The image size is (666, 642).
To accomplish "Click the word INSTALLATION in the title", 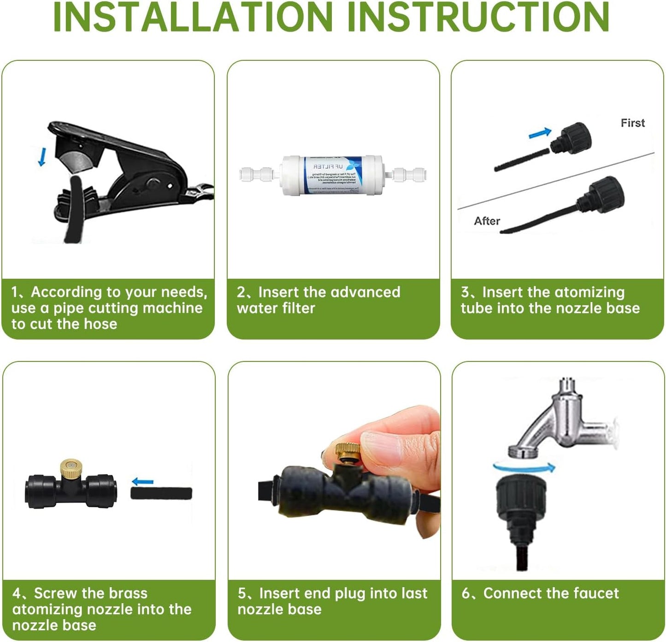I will click(x=193, y=17).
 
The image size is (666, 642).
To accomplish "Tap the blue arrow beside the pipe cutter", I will click(x=42, y=157).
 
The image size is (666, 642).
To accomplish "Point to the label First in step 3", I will click(x=632, y=123).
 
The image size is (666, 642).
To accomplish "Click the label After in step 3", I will click(x=487, y=221).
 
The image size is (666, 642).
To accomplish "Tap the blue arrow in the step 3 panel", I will click(x=540, y=133).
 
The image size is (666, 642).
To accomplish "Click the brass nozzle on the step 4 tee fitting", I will click(x=71, y=468).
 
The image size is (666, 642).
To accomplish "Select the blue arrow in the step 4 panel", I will click(x=142, y=482).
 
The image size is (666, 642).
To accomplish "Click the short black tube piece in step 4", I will click(x=161, y=493).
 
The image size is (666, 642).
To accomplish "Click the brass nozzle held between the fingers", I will click(x=348, y=454).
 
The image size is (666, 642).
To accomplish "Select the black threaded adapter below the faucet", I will click(x=521, y=507).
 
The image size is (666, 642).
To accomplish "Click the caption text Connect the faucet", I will click(x=551, y=593).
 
